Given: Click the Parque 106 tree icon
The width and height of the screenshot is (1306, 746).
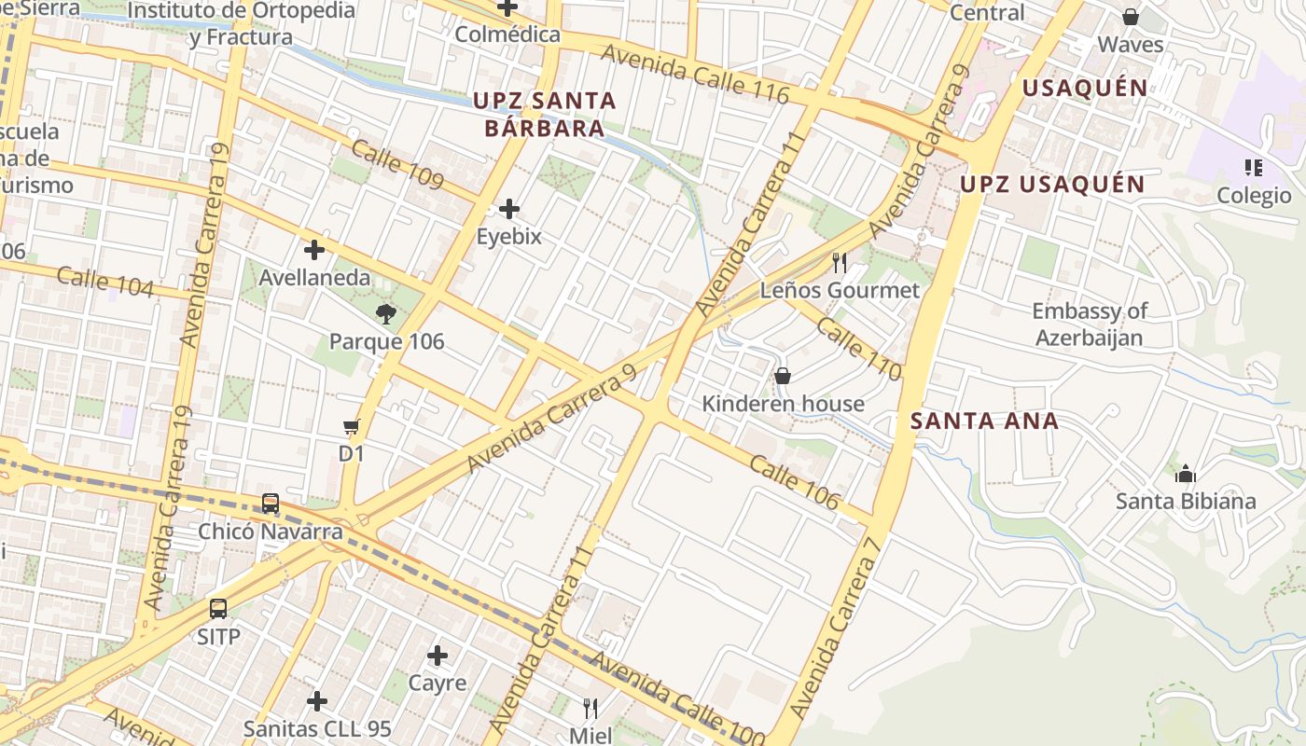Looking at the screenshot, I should [x=386, y=313].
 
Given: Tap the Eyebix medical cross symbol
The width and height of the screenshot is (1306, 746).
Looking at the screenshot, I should [x=508, y=208].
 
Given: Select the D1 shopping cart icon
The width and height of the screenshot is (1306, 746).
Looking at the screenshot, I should [x=351, y=427].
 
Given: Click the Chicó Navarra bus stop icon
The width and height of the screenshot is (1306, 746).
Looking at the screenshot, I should [x=271, y=504].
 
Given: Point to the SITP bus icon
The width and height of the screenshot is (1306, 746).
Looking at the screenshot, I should [x=218, y=609].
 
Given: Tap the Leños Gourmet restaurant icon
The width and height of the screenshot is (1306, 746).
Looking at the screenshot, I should [x=840, y=262].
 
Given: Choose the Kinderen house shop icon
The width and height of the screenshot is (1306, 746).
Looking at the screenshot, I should [x=783, y=376].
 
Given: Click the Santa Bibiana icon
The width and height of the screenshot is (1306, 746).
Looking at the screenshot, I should [x=1186, y=474].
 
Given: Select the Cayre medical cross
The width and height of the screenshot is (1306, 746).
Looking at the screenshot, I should [x=437, y=656].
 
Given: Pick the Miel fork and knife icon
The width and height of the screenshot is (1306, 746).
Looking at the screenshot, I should [x=590, y=708].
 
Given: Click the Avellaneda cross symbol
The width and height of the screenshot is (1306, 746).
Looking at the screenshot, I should [x=314, y=250].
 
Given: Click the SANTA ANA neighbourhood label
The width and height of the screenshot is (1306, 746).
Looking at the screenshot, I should [x=984, y=421].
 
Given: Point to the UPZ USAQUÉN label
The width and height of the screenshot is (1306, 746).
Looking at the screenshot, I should [x=1052, y=184].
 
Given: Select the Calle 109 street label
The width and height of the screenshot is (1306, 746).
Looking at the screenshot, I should [x=397, y=164].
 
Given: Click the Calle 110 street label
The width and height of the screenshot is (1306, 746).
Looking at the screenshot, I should [x=859, y=348].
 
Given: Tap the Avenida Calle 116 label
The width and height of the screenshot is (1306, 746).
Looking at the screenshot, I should [x=695, y=73].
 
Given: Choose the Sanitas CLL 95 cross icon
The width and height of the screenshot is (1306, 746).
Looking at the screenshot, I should [x=317, y=700].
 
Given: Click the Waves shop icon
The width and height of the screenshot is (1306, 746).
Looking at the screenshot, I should [x=1131, y=17].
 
